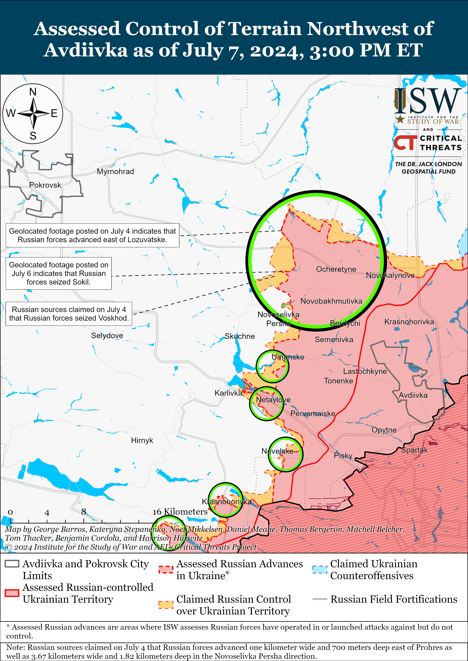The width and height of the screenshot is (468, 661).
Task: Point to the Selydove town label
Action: (x=107, y=336)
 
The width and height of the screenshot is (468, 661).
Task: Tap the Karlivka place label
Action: (x=228, y=393)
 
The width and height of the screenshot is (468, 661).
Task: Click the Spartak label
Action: (x=414, y=450)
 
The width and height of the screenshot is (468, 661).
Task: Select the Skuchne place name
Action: (x=239, y=336)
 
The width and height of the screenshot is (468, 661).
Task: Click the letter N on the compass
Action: (x=33, y=92)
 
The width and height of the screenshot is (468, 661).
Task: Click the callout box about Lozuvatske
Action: (x=92, y=235)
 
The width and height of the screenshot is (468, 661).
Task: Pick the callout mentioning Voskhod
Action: (x=69, y=314)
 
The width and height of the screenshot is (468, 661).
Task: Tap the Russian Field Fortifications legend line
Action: (x=320, y=599)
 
